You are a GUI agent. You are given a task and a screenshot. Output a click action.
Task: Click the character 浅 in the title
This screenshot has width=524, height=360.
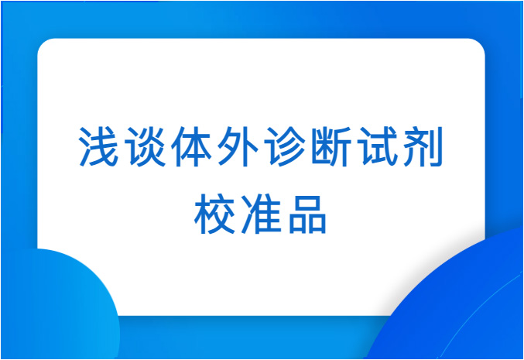(x=99, y=146)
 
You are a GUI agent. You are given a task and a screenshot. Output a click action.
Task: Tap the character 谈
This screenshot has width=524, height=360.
(x=146, y=146)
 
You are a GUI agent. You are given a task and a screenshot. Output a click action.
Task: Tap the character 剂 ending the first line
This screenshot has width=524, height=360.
(x=423, y=146)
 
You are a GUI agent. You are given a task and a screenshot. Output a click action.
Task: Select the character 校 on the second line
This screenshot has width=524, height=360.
(x=214, y=213)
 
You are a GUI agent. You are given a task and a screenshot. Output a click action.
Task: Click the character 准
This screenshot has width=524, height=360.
(x=262, y=213)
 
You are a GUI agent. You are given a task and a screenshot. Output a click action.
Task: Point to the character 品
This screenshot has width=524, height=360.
(x=307, y=214)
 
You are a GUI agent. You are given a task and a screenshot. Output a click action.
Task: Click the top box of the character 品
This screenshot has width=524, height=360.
(x=307, y=204)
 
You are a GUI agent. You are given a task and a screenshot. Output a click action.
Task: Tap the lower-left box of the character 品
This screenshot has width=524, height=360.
(x=297, y=225)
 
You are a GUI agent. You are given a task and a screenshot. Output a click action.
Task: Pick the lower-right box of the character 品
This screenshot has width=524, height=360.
(x=317, y=225)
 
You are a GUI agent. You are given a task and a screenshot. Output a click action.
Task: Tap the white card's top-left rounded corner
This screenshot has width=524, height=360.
(x=43, y=44)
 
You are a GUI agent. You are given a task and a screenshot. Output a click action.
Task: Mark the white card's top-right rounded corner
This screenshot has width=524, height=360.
(x=479, y=44)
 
